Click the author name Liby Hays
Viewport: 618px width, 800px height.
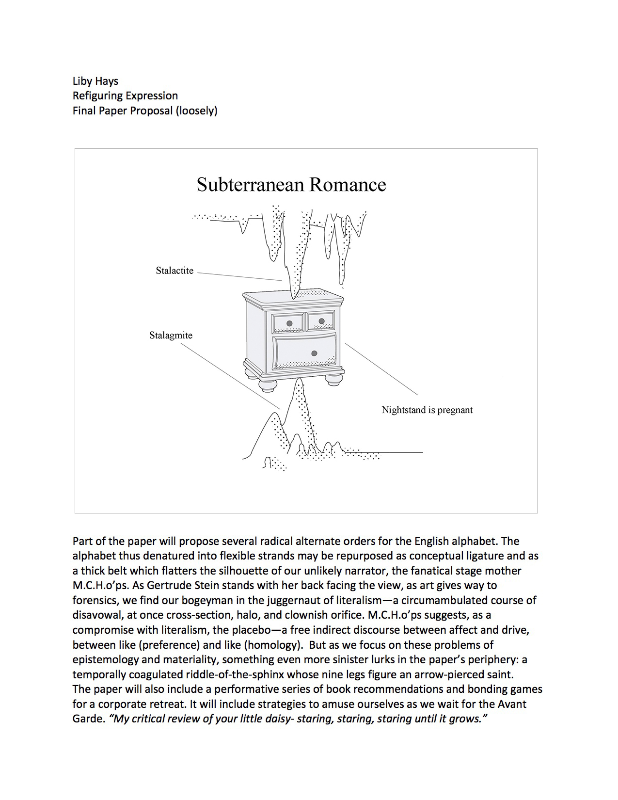click(95, 81)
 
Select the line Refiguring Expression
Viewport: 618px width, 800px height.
click(125, 96)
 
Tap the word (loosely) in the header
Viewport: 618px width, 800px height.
click(196, 111)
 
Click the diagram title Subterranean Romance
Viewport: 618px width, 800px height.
click(291, 185)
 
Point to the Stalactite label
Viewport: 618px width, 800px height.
click(174, 271)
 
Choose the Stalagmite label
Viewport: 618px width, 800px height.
click(171, 336)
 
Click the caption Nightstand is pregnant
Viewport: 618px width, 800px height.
click(427, 410)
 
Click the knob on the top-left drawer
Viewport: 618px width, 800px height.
click(289, 323)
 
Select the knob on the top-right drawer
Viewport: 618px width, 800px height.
click(321, 321)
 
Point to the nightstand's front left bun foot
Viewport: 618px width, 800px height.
click(267, 385)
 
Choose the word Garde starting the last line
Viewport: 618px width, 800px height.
click(87, 719)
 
